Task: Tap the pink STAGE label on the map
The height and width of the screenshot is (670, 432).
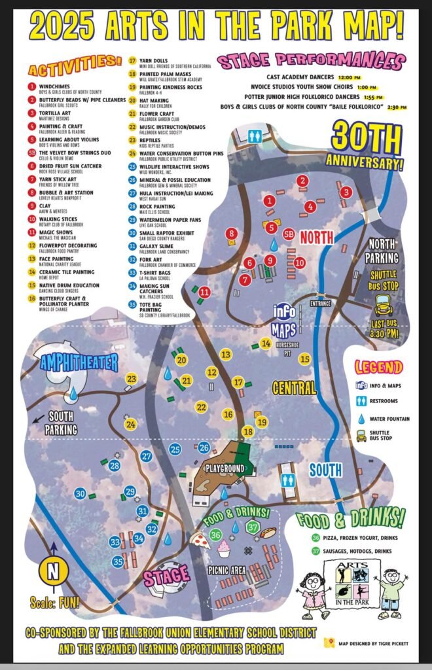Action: pyautogui.click(x=167, y=577)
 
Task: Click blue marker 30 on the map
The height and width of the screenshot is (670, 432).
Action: pyautogui.click(x=81, y=493)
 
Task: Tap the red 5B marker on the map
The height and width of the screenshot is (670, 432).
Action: pyautogui.click(x=289, y=232)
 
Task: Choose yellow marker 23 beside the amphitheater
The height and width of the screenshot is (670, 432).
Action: pyautogui.click(x=131, y=379)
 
